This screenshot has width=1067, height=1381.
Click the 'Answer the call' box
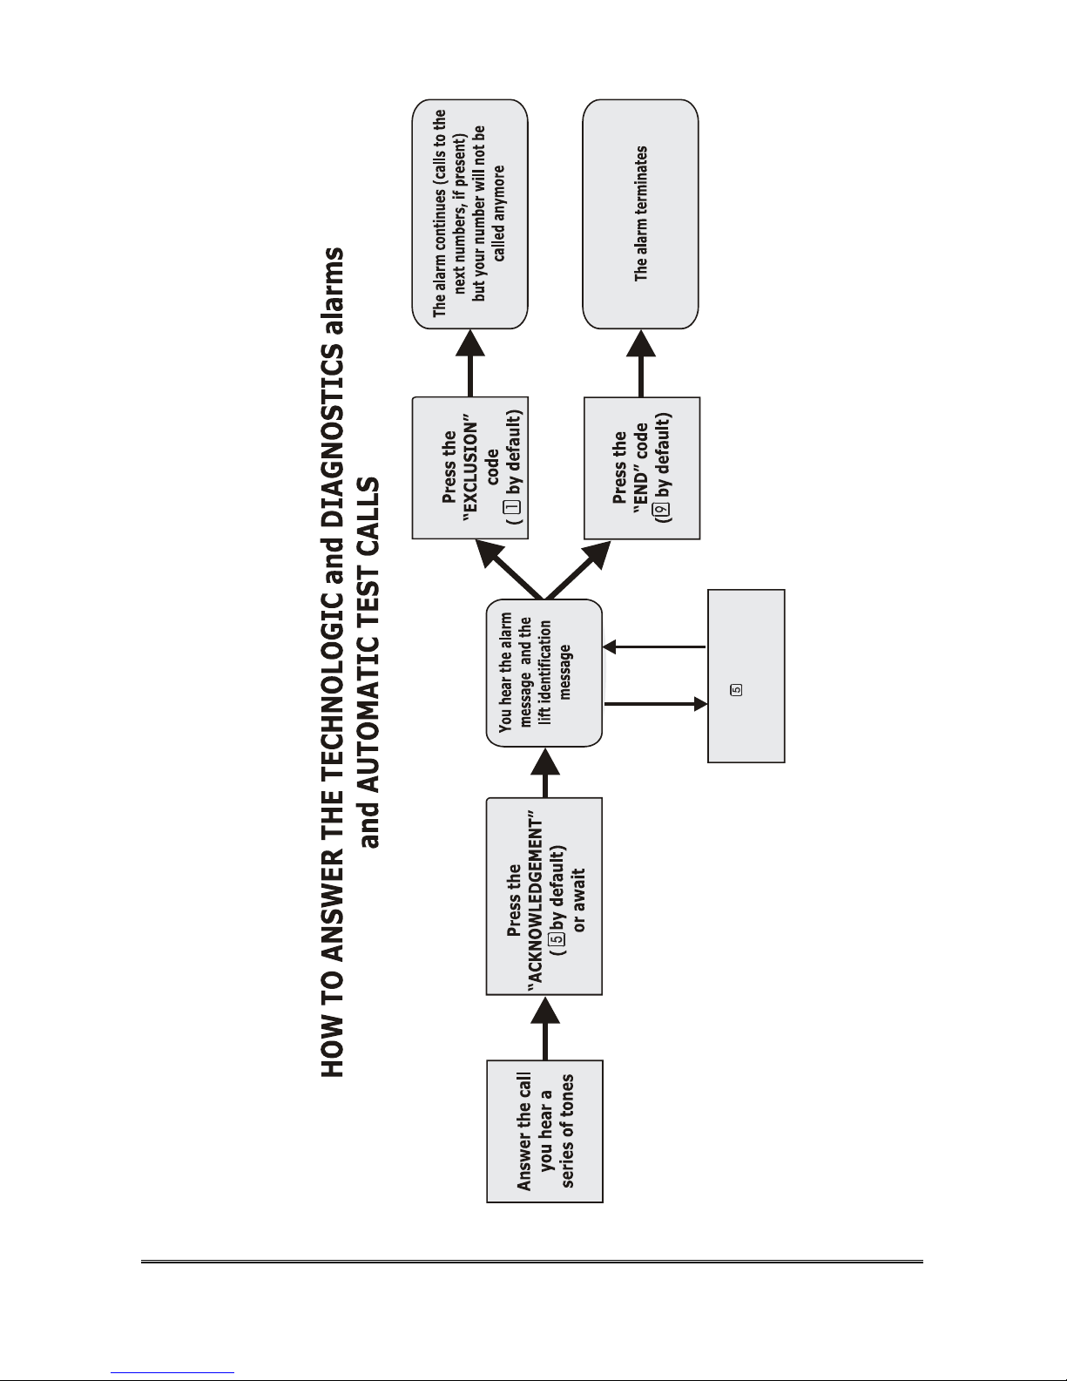click(544, 1131)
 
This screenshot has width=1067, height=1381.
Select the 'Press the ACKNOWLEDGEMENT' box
click(544, 896)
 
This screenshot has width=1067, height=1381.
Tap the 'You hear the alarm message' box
click(544, 673)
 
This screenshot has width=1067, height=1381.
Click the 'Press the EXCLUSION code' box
click(470, 468)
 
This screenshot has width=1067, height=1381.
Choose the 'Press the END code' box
click(642, 469)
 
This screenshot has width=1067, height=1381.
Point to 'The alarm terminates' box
click(641, 214)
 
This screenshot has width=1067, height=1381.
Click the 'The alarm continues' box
click(470, 214)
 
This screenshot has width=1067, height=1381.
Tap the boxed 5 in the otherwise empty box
click(737, 689)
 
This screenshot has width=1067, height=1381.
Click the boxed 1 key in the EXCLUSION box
click(513, 506)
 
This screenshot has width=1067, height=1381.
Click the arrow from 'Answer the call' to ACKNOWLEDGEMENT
click(545, 1027)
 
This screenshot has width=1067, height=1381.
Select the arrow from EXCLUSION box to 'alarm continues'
click(470, 362)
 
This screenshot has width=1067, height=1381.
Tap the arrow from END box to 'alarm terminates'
click(641, 363)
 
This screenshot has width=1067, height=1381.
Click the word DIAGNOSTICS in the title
click(332, 431)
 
